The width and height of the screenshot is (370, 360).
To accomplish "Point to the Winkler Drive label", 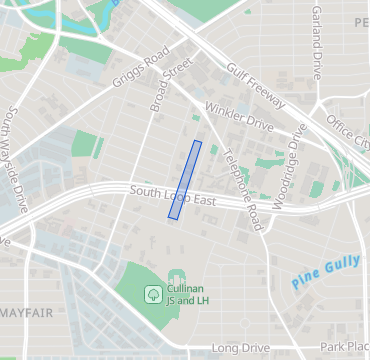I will pyautogui.click(x=239, y=116).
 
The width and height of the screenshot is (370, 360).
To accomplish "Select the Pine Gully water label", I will pyautogui.click(x=325, y=271).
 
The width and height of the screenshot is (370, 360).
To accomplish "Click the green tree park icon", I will pyautogui.click(x=153, y=294).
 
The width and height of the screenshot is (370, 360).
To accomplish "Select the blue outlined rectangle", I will pyautogui.click(x=184, y=180).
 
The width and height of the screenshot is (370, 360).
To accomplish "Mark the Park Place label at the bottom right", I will pyautogui.click(x=346, y=347).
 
